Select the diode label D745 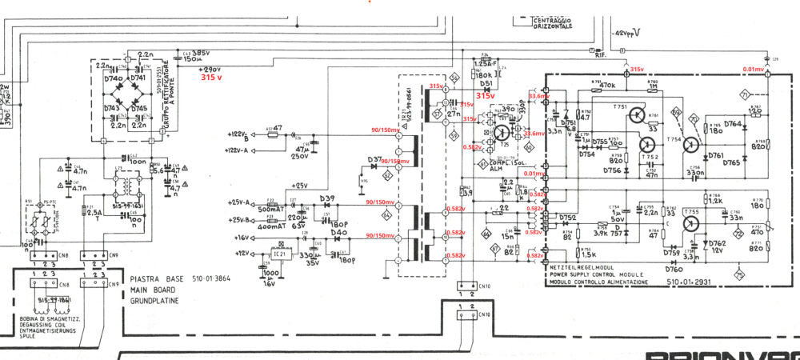tap(140, 108)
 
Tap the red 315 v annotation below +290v tap(212, 78)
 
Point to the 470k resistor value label tap(606, 85)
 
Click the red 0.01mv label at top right tap(754, 70)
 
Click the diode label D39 tap(326, 198)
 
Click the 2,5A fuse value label tap(95, 212)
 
